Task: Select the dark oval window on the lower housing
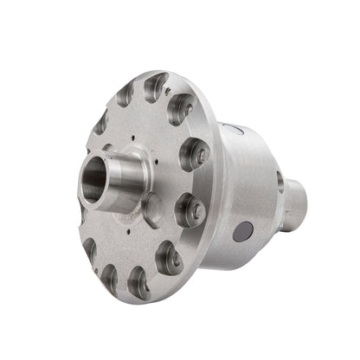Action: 244,231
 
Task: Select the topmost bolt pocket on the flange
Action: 156,86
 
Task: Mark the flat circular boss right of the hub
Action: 152,206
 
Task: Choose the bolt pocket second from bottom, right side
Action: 169,256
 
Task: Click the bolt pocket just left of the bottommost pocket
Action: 109,276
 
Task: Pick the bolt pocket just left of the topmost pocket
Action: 125,93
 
